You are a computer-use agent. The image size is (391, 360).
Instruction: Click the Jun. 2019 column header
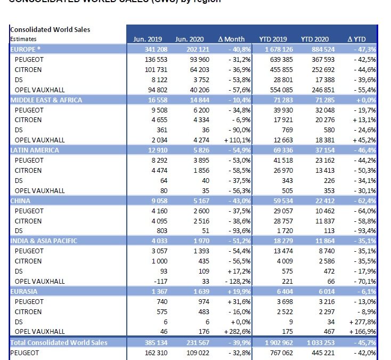click(x=147, y=39)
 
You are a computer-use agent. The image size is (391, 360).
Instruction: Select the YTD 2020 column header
click(x=315, y=39)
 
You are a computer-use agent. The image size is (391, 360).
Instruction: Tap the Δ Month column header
click(x=232, y=39)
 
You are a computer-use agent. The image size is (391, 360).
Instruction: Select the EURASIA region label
click(x=26, y=292)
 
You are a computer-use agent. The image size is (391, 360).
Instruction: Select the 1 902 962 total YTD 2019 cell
click(x=273, y=342)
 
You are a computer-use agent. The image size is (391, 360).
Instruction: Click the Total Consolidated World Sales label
click(x=59, y=342)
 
